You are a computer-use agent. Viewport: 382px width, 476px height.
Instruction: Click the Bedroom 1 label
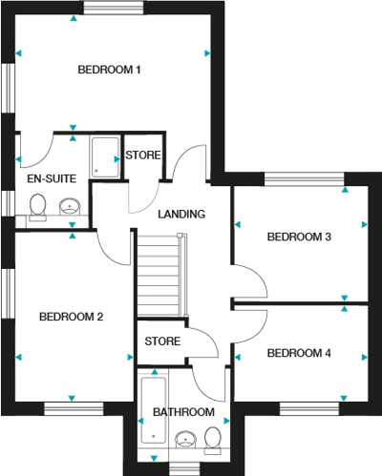click(109, 70)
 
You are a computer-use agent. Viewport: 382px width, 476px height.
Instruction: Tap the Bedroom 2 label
click(71, 317)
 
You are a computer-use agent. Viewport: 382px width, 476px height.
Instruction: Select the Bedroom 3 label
click(299, 237)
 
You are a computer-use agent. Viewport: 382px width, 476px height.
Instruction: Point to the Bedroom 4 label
click(299, 353)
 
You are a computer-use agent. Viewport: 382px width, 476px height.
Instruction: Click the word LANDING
click(181, 214)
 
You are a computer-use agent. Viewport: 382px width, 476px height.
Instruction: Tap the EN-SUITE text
click(52, 178)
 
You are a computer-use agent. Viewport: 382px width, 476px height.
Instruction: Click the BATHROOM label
click(183, 412)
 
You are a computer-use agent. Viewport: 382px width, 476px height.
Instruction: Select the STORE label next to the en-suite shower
click(143, 155)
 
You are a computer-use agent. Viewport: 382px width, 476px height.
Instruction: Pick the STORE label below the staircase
click(162, 341)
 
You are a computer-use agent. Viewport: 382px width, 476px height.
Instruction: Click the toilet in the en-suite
click(37, 207)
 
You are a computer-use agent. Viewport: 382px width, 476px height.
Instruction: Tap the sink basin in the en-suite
click(70, 207)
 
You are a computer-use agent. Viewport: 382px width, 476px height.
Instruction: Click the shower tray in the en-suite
click(105, 156)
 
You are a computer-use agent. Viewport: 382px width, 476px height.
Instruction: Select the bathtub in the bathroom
click(154, 410)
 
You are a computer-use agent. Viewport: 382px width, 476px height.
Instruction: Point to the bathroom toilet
click(213, 441)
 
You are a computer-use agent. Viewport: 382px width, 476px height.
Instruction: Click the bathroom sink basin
click(185, 440)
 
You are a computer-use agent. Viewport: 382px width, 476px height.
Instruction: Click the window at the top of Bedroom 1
click(114, 8)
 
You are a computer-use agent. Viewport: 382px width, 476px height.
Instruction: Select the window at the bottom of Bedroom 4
click(309, 409)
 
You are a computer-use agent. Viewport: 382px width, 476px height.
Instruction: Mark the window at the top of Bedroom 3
click(305, 178)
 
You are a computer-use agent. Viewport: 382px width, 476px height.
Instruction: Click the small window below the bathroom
click(184, 469)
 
